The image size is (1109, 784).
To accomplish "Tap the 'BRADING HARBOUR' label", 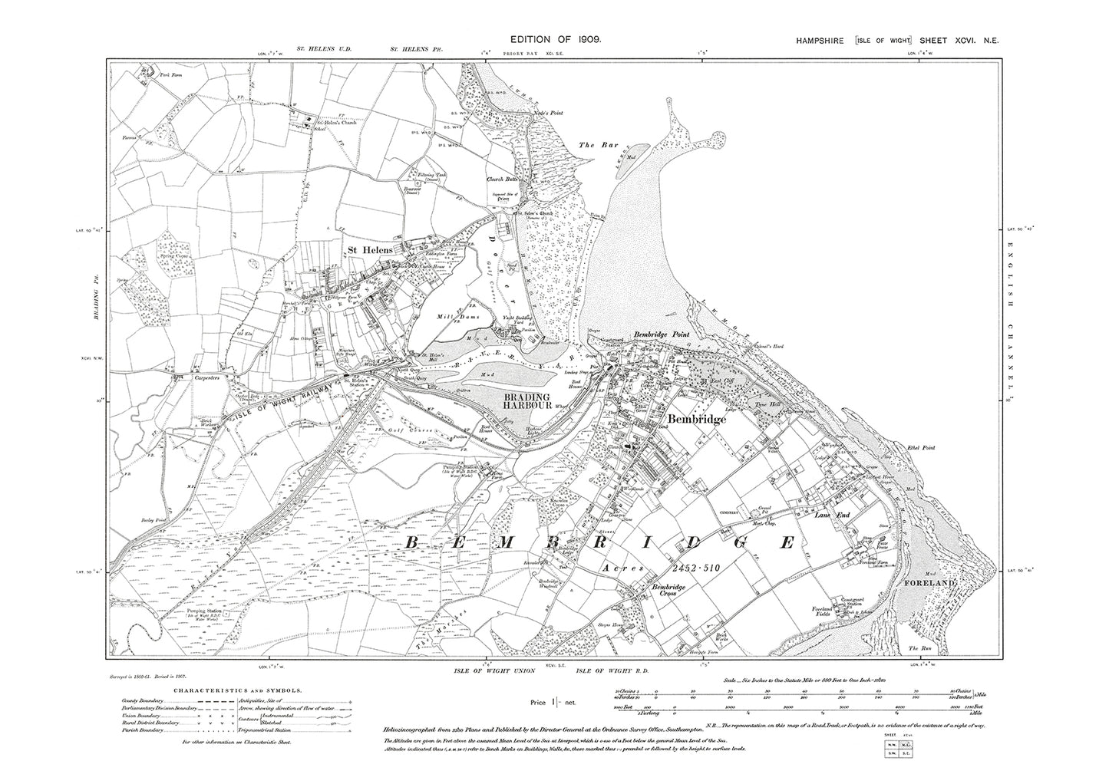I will (x=524, y=402).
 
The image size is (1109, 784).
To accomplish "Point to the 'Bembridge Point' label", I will (x=662, y=334).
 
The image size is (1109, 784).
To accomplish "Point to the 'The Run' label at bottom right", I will (x=918, y=649).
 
